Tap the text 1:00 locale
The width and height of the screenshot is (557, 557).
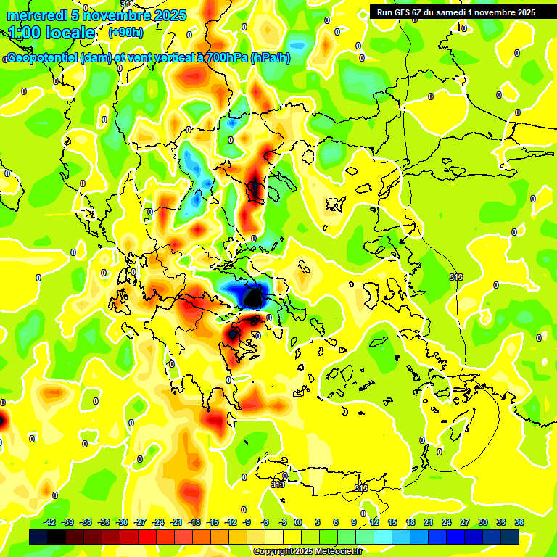52,33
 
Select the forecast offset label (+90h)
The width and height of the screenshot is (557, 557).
125,33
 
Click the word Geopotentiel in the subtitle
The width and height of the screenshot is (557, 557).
40,58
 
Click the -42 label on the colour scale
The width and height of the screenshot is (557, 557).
49,522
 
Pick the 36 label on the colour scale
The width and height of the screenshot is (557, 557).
519,522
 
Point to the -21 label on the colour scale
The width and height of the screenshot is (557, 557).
158,522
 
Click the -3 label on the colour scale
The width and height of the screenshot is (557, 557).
284,522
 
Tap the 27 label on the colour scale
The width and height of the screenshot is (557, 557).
464,522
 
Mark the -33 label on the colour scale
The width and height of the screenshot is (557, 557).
104,522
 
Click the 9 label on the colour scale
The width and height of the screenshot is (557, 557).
354,522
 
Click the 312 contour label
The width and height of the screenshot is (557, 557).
127,4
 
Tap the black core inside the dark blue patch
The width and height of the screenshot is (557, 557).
253,297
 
